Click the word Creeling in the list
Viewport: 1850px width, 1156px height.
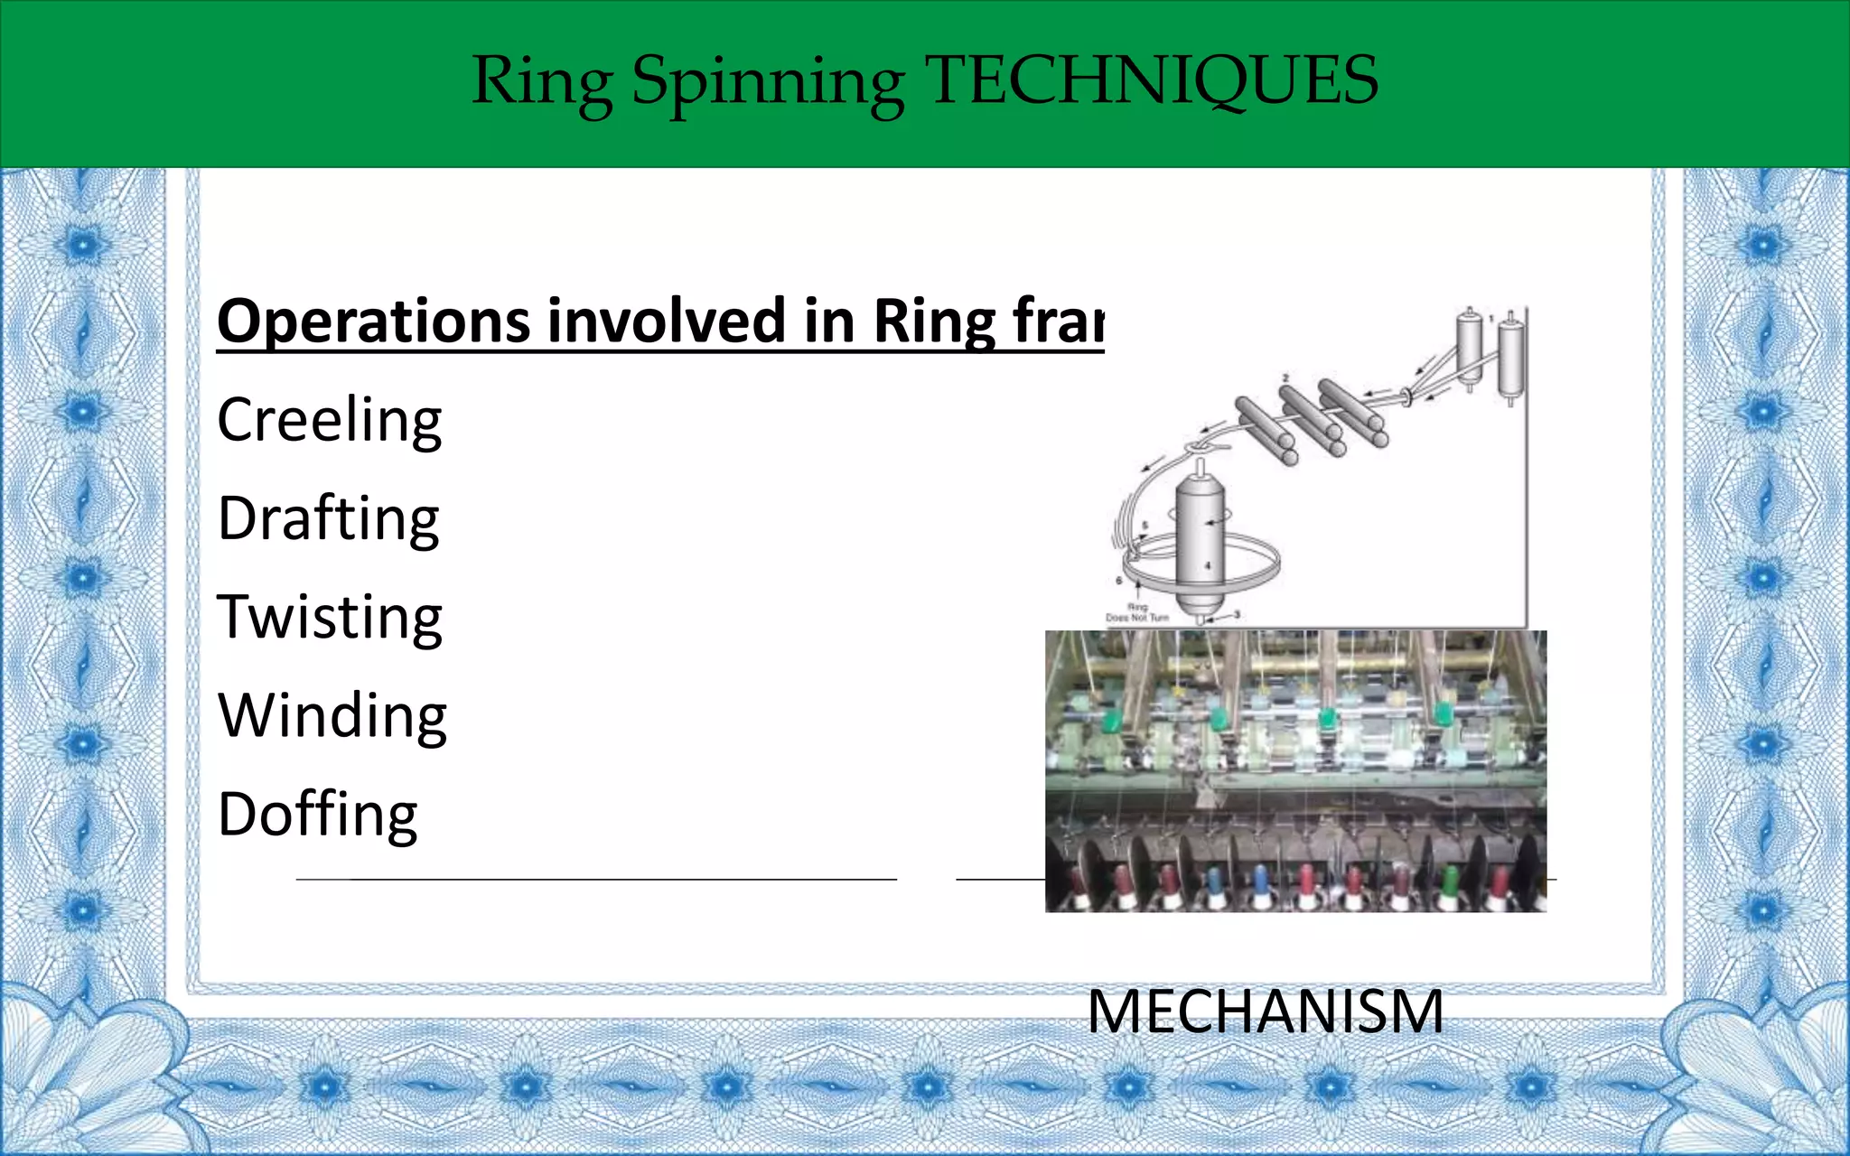[330, 420]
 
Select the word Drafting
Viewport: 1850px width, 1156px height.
[328, 519]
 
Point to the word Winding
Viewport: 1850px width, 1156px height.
[332, 716]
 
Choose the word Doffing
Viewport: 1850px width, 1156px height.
[317, 815]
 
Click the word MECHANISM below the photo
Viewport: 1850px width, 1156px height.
[1265, 1011]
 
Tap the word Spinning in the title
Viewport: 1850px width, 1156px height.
[768, 83]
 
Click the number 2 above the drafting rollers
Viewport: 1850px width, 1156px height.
[1285, 378]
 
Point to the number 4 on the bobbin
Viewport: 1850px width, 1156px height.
[1208, 566]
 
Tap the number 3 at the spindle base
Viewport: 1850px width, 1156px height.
[1237, 614]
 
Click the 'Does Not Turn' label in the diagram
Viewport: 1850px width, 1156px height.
[1137, 618]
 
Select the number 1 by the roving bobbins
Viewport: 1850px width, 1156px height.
[1491, 318]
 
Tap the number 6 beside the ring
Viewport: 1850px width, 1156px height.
[1119, 581]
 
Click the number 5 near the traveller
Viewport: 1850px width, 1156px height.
[1145, 526]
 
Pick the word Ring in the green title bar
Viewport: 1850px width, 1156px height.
[542, 83]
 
